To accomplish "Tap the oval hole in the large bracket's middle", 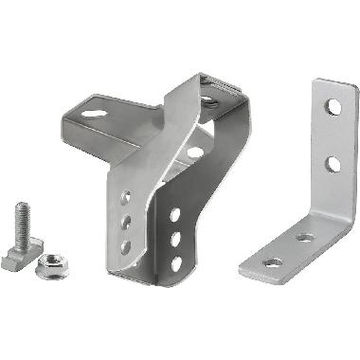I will tap(194, 151).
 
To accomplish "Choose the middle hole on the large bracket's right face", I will tap(174, 240).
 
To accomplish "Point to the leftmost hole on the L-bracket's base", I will tap(272, 261).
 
